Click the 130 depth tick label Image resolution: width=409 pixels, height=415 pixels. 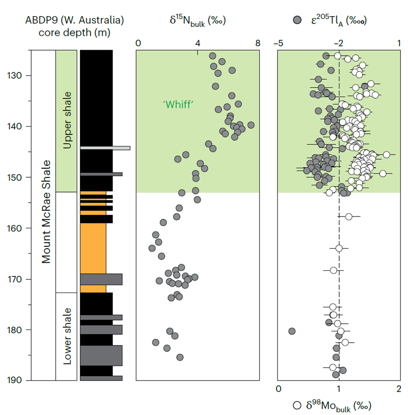(x=15, y=76)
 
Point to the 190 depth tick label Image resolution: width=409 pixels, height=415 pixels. (x=15, y=380)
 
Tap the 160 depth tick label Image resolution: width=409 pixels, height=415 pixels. (x=15, y=228)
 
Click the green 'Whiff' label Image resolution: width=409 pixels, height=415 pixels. (x=178, y=104)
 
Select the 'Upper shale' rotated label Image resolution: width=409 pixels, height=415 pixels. (x=67, y=120)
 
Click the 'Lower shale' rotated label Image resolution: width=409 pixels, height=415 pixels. (x=67, y=336)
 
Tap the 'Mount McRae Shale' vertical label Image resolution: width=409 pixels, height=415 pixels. (x=46, y=212)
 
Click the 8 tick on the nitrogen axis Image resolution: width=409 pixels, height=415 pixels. (x=258, y=43)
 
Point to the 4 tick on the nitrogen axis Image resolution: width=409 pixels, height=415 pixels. (x=198, y=43)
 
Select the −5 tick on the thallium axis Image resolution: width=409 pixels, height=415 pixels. (x=278, y=43)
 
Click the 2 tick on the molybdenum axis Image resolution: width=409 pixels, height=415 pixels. (x=399, y=389)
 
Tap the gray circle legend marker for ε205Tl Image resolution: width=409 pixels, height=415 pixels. (x=297, y=20)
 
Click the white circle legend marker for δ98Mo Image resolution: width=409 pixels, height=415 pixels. (x=297, y=405)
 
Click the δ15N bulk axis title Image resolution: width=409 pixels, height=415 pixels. (x=198, y=21)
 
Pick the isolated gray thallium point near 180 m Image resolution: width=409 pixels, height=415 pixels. (x=292, y=331)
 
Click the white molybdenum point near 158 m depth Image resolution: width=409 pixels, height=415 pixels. (x=348, y=217)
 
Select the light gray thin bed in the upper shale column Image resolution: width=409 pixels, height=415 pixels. (x=105, y=148)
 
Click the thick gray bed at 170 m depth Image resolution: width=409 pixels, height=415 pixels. (x=101, y=279)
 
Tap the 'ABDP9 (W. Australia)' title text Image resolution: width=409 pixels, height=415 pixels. (x=74, y=20)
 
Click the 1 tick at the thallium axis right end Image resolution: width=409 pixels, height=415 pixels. (x=399, y=43)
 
